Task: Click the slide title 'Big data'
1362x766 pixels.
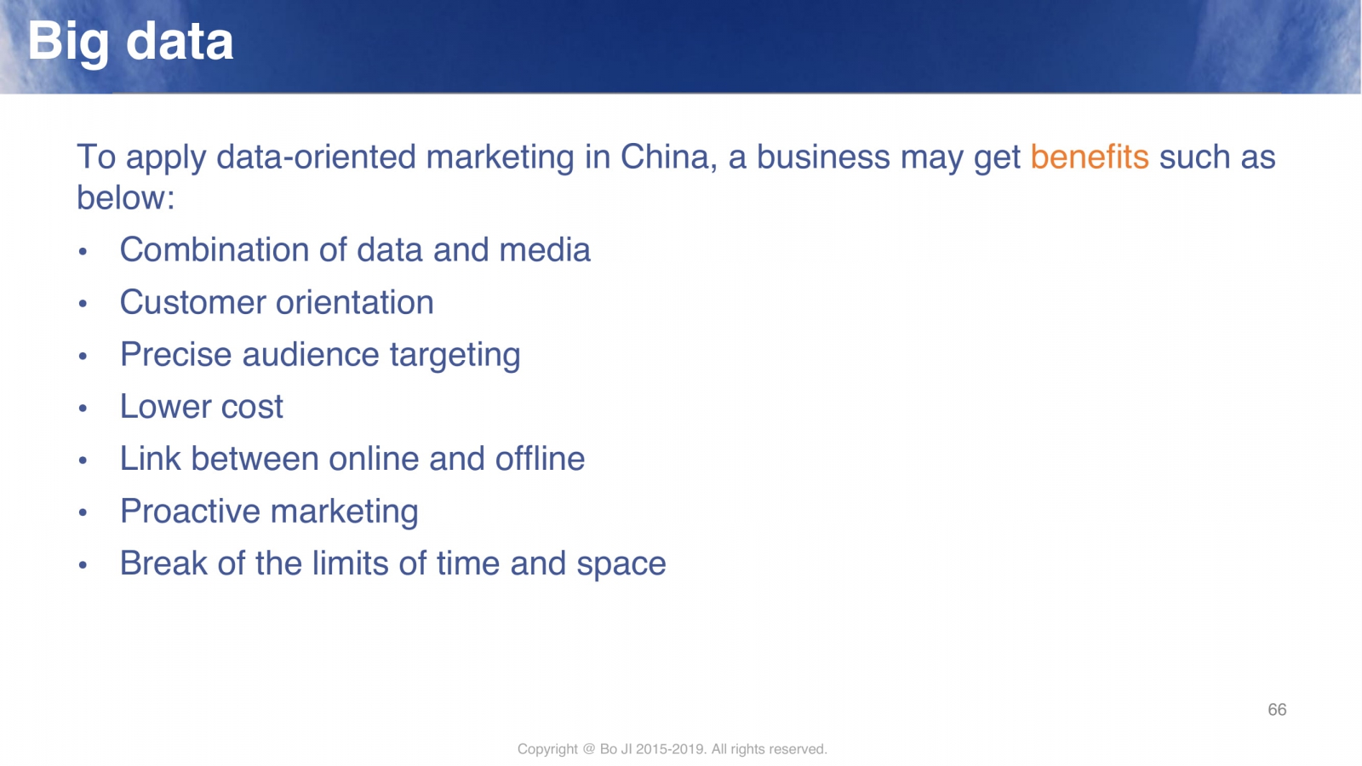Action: (x=130, y=43)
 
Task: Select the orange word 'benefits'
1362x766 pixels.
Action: (x=1089, y=157)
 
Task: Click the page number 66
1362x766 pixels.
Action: (x=1277, y=710)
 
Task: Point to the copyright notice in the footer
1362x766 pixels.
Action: (x=672, y=749)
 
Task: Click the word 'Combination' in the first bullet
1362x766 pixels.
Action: (x=214, y=250)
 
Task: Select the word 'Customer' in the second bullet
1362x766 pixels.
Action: (x=192, y=302)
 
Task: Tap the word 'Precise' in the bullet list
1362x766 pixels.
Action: (x=175, y=354)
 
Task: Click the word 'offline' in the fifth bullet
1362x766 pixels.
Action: (x=540, y=459)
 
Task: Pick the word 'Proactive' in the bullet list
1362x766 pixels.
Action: (x=190, y=512)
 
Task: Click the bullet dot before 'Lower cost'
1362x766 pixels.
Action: (x=83, y=408)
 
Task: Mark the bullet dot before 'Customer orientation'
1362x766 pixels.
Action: (x=83, y=303)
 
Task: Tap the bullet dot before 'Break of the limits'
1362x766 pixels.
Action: (x=83, y=565)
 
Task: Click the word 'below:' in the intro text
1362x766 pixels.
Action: (x=126, y=198)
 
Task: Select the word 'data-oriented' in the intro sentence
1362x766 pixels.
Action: (x=316, y=157)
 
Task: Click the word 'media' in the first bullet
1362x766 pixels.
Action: (x=544, y=250)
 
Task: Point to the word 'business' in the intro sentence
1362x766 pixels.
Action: (x=823, y=157)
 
